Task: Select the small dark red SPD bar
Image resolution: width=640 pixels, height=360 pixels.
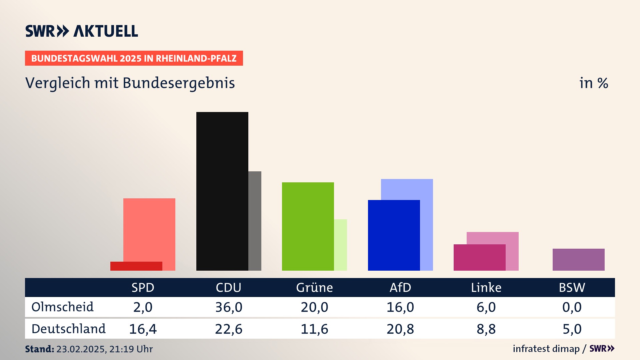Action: pyautogui.click(x=136, y=266)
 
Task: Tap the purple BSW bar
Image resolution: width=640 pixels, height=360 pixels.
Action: pyautogui.click(x=578, y=259)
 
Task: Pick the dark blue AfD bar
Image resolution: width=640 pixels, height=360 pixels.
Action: pyautogui.click(x=394, y=235)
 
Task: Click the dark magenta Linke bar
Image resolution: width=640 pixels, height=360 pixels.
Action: pyautogui.click(x=479, y=257)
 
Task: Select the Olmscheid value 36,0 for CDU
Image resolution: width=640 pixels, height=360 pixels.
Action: pyautogui.click(x=229, y=307)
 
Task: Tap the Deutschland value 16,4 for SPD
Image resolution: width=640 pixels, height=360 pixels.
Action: pyautogui.click(x=143, y=329)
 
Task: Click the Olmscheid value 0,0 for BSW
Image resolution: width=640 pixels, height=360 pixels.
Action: pyautogui.click(x=572, y=307)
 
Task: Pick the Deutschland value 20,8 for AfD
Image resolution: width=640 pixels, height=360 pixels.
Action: pyautogui.click(x=400, y=329)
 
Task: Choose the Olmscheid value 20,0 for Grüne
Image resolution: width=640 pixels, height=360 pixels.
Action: pyautogui.click(x=314, y=307)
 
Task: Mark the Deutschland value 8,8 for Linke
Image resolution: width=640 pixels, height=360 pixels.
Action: pyautogui.click(x=486, y=329)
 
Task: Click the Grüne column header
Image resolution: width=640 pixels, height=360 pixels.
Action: pyautogui.click(x=314, y=288)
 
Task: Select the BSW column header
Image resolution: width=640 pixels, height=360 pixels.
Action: pyautogui.click(x=572, y=288)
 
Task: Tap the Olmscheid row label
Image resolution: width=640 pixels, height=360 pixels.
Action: pyautogui.click(x=62, y=307)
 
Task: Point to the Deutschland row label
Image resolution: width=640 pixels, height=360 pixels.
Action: pyautogui.click(x=68, y=329)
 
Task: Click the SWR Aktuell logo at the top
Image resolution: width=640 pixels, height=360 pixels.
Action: pyautogui.click(x=82, y=31)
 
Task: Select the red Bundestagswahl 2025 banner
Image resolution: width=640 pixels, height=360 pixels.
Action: pyautogui.click(x=134, y=58)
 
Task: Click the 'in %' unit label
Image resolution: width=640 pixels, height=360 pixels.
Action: pyautogui.click(x=593, y=83)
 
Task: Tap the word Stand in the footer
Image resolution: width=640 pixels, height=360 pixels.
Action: pyautogui.click(x=39, y=349)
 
